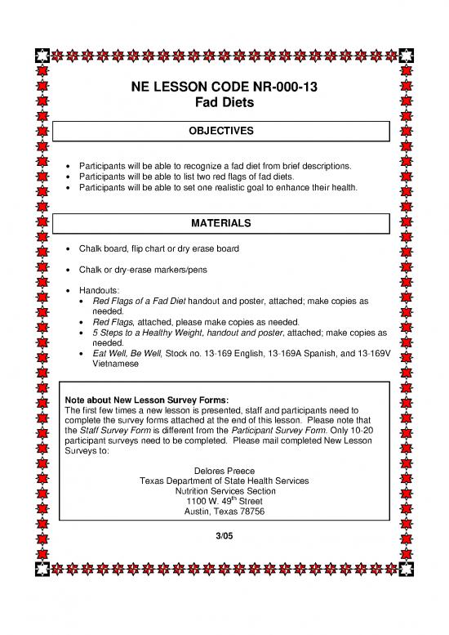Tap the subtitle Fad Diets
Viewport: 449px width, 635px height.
[x=223, y=105]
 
